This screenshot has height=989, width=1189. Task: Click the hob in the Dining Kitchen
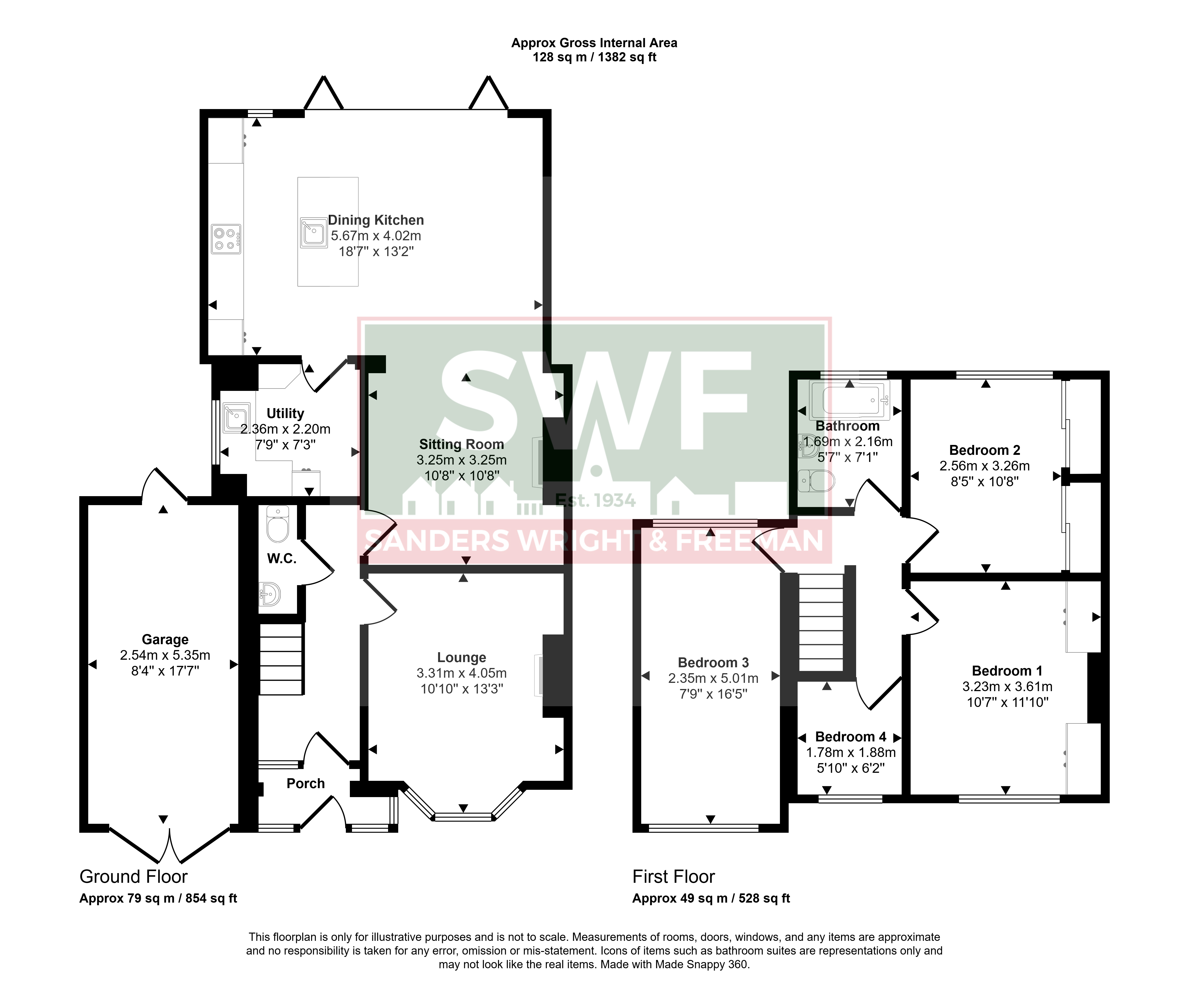point(226,238)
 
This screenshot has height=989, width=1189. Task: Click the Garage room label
point(165,639)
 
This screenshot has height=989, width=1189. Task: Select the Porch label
point(306,783)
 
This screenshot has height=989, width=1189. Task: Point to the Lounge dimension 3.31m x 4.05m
point(461,673)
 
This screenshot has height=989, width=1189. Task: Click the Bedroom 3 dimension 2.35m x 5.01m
point(713,678)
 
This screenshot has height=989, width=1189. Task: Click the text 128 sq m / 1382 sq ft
point(594,57)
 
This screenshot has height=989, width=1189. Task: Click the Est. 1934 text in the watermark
point(596,500)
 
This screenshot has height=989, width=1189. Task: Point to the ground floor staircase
point(281,659)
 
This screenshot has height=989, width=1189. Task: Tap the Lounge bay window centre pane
point(463,817)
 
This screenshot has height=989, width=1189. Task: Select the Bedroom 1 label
point(1007,671)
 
